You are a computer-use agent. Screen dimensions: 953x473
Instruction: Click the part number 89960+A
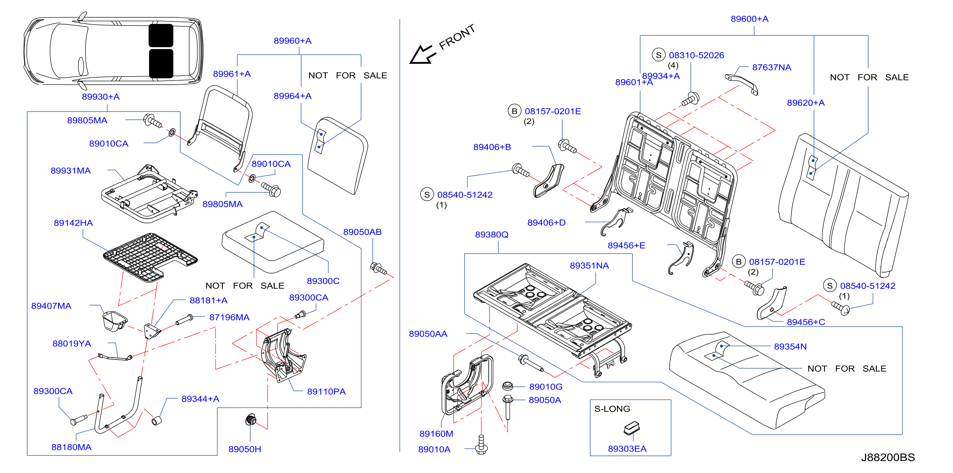(x=292, y=41)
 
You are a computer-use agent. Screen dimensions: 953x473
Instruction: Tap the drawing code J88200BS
(x=888, y=457)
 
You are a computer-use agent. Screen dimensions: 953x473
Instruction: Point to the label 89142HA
(x=73, y=223)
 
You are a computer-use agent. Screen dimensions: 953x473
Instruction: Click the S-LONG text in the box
(x=612, y=409)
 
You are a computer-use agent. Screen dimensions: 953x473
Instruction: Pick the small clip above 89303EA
(x=632, y=427)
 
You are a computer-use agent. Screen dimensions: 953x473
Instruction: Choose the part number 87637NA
(x=771, y=67)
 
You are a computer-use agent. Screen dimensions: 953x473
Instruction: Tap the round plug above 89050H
(x=251, y=420)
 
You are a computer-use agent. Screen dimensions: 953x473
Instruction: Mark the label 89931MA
(x=71, y=171)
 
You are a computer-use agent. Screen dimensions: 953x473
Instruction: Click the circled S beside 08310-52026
(x=659, y=55)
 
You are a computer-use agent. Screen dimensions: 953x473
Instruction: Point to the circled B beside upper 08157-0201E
(x=514, y=111)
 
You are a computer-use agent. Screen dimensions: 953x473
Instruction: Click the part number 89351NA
(x=589, y=266)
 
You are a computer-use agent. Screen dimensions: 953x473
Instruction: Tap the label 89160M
(x=436, y=434)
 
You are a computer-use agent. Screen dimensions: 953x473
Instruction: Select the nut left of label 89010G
(x=507, y=386)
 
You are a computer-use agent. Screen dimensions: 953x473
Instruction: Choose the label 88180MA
(x=71, y=447)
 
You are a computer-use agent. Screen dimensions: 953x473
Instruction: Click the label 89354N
(x=790, y=346)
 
